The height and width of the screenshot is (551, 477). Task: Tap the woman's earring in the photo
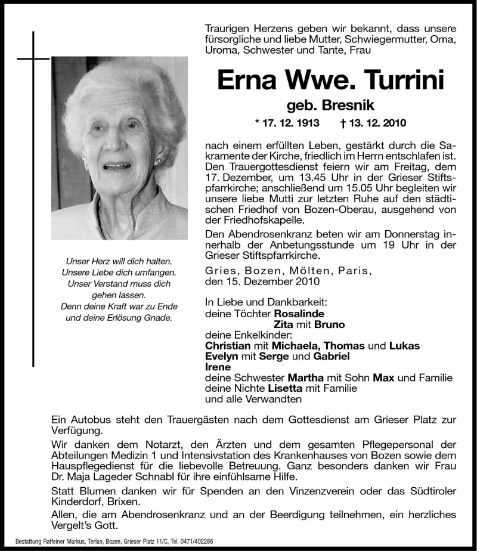click(159, 161)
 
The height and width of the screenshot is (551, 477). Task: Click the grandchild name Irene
click(217, 367)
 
